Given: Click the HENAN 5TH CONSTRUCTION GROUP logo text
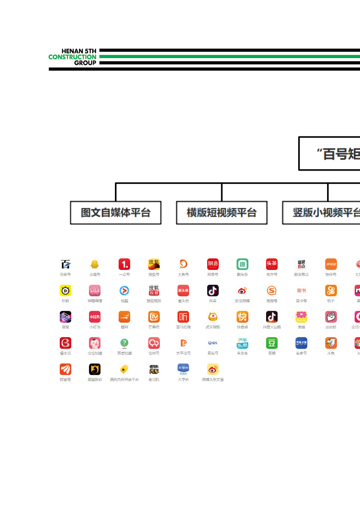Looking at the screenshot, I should point(73,57).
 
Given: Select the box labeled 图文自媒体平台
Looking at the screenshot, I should point(116,213).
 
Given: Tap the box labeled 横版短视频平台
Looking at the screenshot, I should point(222,213).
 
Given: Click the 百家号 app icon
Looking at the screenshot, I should point(65,264).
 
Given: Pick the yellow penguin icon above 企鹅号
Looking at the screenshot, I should point(95,264).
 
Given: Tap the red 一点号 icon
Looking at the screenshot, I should point(124,264).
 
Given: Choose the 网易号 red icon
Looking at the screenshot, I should point(213,264).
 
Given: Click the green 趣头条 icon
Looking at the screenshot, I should point(242,264).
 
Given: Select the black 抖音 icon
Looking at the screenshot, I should point(213,291).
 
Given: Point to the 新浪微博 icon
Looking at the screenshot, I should point(242,291).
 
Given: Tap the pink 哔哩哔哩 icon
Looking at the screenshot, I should point(95,291).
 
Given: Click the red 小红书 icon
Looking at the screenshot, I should point(95,316).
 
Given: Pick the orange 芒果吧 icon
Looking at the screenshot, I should point(154,316).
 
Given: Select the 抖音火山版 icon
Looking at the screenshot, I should point(272,316).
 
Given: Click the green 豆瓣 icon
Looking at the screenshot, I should point(272,343).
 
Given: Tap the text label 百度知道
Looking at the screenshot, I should point(124,353).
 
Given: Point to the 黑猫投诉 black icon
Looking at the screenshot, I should point(95,369).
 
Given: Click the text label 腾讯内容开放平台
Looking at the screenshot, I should point(124,380).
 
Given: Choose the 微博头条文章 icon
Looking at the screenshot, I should point(213,369).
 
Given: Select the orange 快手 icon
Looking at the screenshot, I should point(331,291).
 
